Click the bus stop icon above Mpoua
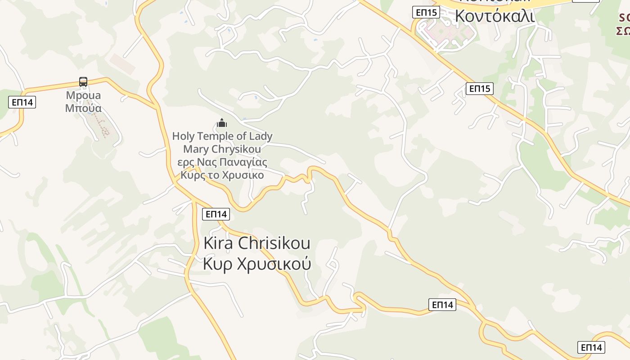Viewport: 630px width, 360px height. tap(83, 82)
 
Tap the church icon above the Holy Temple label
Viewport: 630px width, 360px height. tap(222, 123)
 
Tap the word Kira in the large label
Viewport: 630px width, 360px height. tap(218, 243)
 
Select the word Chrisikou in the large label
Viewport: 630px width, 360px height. tap(274, 243)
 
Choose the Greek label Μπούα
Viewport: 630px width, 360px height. tap(83, 108)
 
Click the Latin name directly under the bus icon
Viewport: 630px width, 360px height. tap(83, 95)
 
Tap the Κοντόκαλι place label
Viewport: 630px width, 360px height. tap(495, 16)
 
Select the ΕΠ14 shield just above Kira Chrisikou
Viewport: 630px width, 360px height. tap(216, 214)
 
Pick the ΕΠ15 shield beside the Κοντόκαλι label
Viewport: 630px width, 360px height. tap(426, 12)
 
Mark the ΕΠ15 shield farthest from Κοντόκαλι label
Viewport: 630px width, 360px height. tap(480, 89)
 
